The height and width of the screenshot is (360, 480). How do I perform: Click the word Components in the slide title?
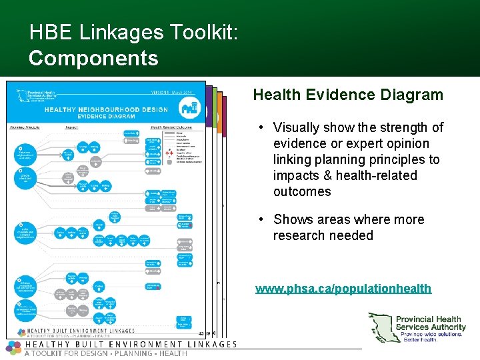(93, 58)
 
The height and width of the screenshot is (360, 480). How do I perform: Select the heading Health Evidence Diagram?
(348, 95)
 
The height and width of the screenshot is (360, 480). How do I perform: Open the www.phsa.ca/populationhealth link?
(343, 289)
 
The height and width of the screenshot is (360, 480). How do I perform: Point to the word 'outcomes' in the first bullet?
(302, 191)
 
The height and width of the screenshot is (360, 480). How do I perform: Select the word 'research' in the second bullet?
(299, 235)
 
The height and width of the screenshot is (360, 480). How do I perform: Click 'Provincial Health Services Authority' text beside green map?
(431, 323)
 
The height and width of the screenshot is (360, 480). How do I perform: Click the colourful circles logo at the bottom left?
(13, 347)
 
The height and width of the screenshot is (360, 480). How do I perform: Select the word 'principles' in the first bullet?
(395, 159)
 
